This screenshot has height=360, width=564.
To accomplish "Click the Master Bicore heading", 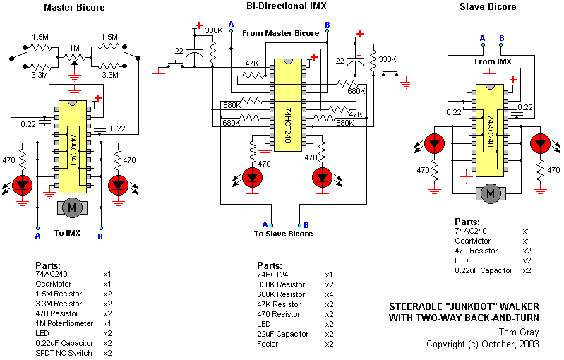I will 74,8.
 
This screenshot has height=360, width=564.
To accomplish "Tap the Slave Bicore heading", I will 488,7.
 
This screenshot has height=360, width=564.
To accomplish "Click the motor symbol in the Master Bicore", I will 71,207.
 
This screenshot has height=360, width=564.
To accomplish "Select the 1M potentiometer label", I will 74,47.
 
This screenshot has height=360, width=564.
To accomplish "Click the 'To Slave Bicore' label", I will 283,234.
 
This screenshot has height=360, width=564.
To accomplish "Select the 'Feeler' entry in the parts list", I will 268,344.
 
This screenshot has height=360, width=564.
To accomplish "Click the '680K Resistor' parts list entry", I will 282,294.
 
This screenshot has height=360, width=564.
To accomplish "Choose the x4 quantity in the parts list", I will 329,294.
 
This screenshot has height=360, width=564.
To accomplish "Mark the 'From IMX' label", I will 493,62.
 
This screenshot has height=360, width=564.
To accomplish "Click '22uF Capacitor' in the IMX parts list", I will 283,334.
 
